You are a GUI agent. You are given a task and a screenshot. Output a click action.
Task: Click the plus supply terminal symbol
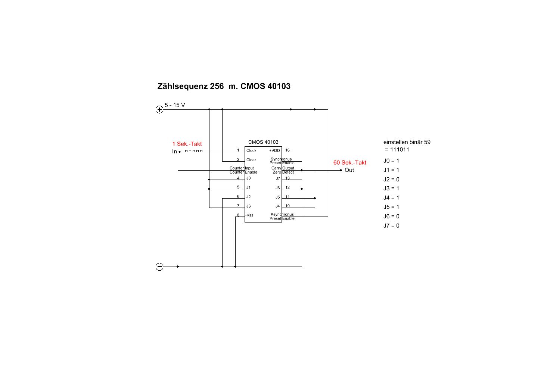pos(159,109)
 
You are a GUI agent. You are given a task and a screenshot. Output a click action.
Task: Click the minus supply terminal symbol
pos(159,267)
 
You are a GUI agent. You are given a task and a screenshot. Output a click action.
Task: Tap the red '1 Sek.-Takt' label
pos(187,144)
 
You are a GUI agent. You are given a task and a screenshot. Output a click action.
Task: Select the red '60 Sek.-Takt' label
pos(349,162)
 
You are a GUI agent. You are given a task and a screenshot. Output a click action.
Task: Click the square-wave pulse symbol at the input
pos(194,151)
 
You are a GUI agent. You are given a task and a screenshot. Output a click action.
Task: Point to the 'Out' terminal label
pos(349,170)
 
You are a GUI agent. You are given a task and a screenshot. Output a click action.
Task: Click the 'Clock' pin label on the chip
pos(251,150)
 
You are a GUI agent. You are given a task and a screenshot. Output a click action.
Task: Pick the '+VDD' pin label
pos(274,150)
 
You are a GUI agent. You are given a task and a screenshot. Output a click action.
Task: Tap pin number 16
pos(287,150)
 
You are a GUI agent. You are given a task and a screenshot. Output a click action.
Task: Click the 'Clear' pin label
pos(251,160)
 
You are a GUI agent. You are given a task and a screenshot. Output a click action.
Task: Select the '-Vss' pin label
pos(249,215)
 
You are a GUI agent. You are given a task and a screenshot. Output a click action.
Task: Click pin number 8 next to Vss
pos(238,215)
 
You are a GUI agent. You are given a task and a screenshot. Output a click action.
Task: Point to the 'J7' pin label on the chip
pos(278,178)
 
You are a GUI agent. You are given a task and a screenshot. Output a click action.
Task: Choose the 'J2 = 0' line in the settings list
pos(391,180)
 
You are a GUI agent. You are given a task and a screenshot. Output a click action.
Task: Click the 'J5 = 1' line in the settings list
pos(391,207)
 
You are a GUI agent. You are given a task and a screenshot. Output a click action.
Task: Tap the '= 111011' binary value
pos(397,149)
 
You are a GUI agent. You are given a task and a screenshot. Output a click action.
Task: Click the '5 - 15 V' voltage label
pos(175,105)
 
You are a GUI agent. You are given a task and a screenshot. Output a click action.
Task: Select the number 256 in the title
pos(217,86)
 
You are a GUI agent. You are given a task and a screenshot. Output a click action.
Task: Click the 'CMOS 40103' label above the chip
pos(263,142)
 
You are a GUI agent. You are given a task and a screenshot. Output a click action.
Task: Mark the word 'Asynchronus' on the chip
pos(282,214)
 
